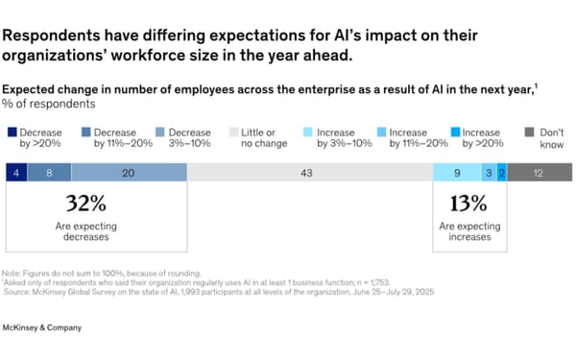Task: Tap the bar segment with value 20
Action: (129, 173)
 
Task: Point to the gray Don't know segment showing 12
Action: (540, 173)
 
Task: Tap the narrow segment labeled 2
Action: (501, 173)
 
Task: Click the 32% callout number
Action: (84, 204)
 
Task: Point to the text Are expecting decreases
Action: (84, 230)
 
